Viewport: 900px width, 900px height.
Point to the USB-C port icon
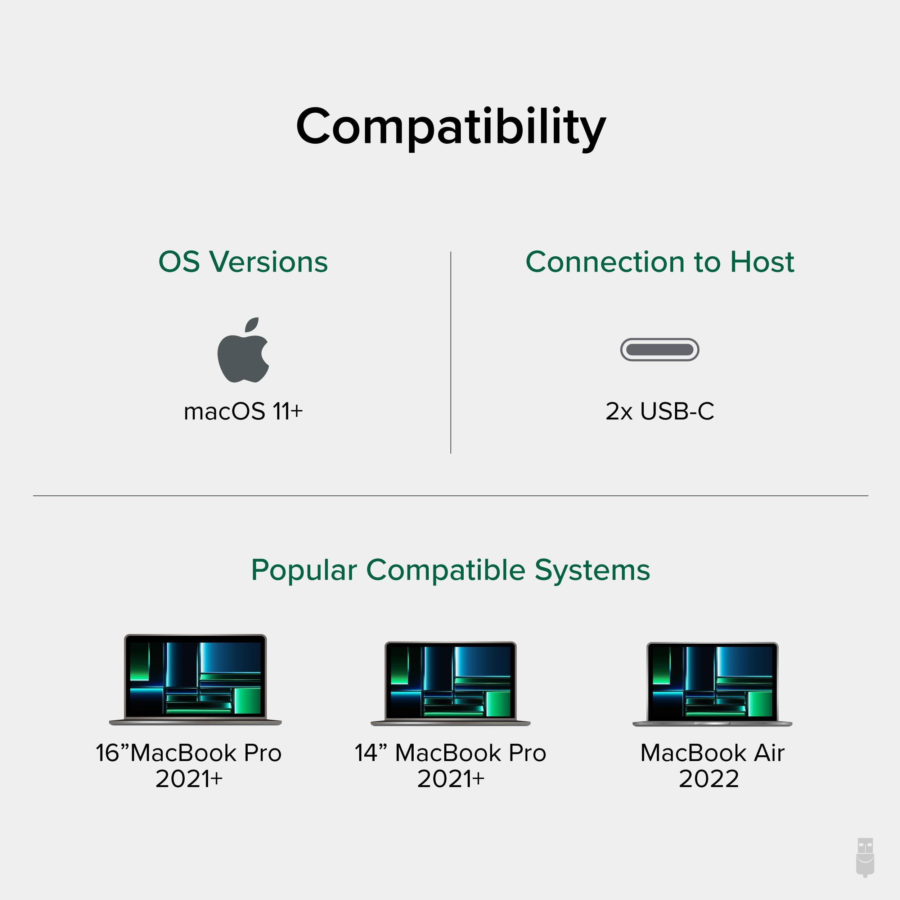click(660, 349)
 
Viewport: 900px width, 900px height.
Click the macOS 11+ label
click(243, 411)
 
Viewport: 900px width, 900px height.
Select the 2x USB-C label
click(660, 411)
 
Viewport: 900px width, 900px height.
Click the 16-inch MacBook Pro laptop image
click(195, 680)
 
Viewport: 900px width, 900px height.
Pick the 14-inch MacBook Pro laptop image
click(450, 683)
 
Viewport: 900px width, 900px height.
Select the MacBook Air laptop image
click(712, 683)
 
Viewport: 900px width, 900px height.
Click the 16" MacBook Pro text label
click(189, 753)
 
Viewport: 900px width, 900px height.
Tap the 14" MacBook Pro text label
click(450, 753)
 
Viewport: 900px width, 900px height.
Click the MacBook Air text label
click(712, 753)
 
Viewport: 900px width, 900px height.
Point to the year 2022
click(708, 779)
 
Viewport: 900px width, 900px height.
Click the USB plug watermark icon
click(865, 864)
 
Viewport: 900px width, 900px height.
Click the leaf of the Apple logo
click(252, 325)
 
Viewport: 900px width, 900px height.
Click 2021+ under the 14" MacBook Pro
click(450, 779)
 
